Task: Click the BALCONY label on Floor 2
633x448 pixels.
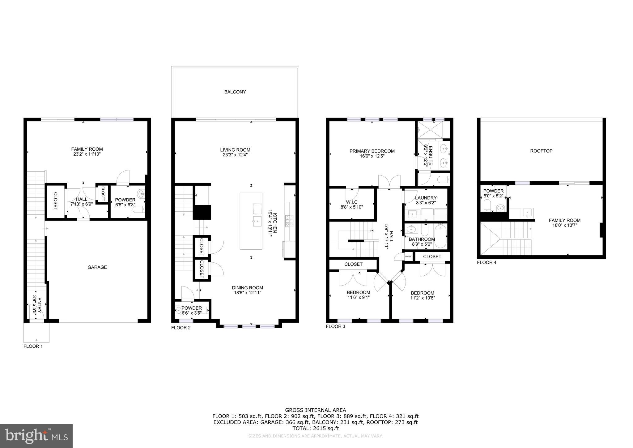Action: pos(235,92)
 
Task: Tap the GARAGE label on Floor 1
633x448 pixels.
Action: pos(97,267)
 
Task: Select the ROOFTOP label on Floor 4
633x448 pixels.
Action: pos(541,151)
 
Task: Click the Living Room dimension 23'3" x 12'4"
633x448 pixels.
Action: pos(235,155)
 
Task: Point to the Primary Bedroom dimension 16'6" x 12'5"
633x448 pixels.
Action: pos(372,156)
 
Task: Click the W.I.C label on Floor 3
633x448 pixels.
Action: pos(352,202)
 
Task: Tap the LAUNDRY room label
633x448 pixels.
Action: pos(426,198)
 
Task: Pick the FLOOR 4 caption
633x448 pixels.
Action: pos(486,263)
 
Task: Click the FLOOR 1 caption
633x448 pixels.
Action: pos(33,346)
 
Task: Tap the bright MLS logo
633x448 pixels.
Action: pos(36,436)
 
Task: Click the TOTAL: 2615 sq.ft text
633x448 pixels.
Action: pos(316,429)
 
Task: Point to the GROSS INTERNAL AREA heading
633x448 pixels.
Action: pos(315,410)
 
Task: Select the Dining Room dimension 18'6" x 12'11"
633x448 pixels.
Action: pos(248,292)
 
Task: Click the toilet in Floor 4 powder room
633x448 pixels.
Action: pos(487,205)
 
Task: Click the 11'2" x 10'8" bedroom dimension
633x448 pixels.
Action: pos(422,298)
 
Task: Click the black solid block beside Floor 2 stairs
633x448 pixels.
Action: pos(202,212)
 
